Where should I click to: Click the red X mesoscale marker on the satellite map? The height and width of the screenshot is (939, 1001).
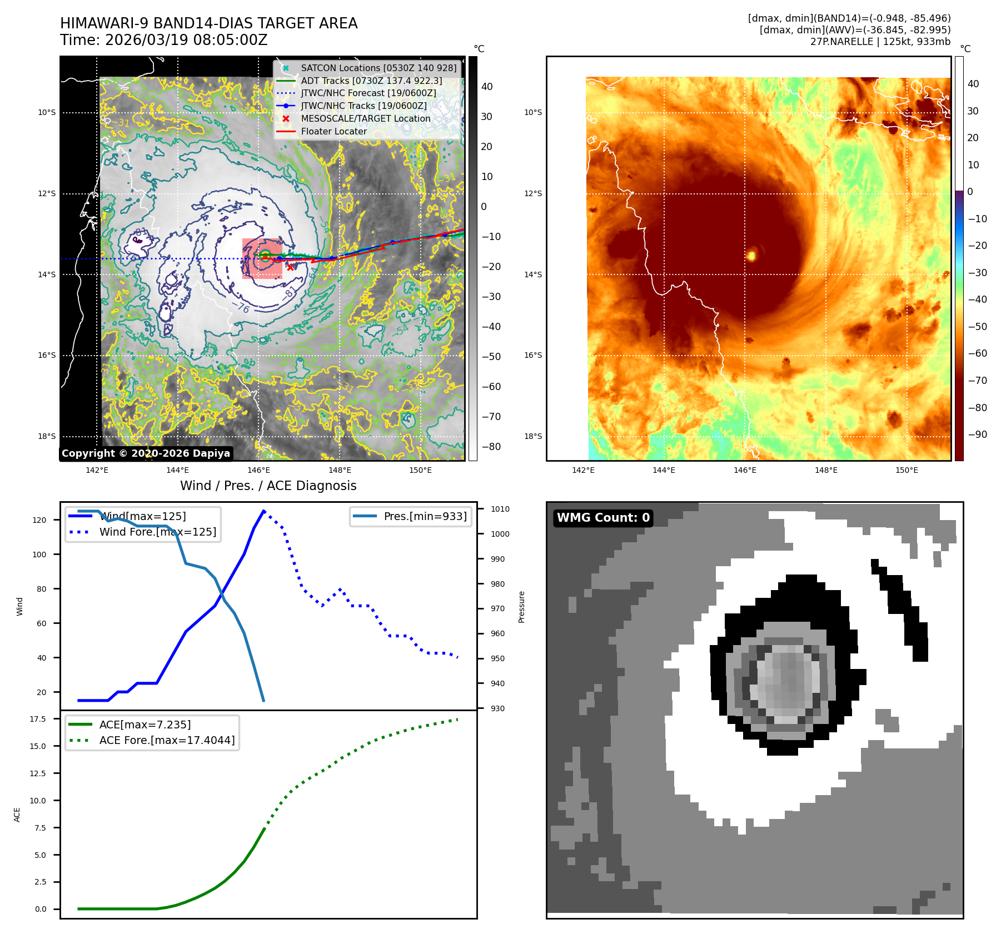tap(290, 267)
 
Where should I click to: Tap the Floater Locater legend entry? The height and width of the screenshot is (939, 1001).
tap(333, 131)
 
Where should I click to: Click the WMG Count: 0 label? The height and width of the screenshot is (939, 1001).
tap(603, 518)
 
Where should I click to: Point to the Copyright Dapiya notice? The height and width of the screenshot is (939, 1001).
tap(146, 453)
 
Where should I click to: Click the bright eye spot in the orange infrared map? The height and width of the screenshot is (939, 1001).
tap(751, 256)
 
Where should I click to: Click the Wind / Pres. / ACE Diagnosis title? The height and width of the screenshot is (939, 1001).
tap(268, 486)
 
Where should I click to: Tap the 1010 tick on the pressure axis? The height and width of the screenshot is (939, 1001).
tap(500, 509)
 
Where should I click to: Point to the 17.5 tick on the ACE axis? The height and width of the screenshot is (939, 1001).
tap(38, 719)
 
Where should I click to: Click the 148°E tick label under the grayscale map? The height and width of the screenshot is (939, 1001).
tap(340, 470)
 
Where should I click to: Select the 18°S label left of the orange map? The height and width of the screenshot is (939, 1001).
tap(532, 436)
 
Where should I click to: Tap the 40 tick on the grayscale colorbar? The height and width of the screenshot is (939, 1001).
tap(487, 86)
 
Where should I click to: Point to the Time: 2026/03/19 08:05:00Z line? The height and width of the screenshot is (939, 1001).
tap(164, 41)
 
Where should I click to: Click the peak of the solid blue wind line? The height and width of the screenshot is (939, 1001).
tap(263, 511)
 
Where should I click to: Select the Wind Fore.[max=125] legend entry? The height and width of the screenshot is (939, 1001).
tap(157, 532)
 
